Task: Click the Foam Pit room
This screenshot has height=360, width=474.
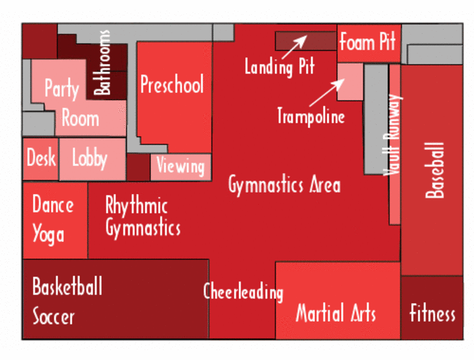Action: (x=367, y=42)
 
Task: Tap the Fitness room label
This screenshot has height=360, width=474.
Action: (x=432, y=313)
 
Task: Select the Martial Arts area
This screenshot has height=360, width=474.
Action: (x=336, y=313)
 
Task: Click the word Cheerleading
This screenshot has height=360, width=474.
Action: (x=243, y=292)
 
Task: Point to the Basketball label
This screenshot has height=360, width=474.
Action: (x=67, y=287)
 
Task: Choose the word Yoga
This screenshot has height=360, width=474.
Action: (x=49, y=234)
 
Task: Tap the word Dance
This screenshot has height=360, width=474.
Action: (x=53, y=205)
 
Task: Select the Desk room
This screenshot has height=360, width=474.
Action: (x=41, y=157)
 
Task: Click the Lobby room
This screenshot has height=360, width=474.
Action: (x=90, y=157)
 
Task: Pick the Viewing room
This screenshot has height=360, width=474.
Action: (x=181, y=167)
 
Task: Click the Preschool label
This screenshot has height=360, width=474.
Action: (x=171, y=85)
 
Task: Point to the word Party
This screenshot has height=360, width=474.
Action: (x=61, y=89)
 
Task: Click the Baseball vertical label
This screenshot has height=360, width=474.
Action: (x=435, y=170)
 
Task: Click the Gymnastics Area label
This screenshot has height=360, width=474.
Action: (x=284, y=185)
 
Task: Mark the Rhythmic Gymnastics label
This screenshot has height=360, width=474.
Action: (x=142, y=217)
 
